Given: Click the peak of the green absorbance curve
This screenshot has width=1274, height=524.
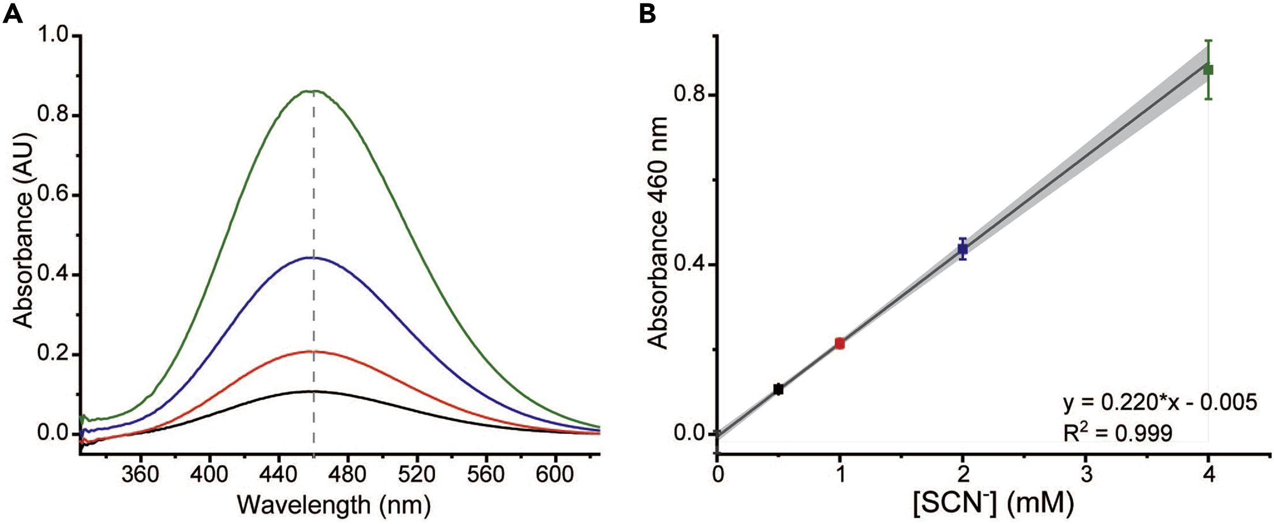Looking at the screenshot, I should coord(313,91).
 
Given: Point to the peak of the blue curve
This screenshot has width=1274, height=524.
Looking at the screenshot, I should coord(313,258).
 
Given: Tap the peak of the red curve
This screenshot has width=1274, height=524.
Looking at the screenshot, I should coord(313,351).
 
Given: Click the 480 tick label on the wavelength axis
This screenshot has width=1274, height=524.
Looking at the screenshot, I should coord(348,474).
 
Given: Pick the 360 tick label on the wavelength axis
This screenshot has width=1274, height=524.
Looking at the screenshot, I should coord(140,474).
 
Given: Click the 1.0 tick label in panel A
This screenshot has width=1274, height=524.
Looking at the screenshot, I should coord(53,36).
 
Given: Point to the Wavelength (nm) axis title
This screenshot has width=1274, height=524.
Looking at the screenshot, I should coord(334,505).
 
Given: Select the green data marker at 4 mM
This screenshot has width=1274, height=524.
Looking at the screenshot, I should coord(1208,70).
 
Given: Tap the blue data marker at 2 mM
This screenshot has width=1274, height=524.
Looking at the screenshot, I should coord(962,249).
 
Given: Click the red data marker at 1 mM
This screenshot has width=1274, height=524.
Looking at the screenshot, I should coord(840,344).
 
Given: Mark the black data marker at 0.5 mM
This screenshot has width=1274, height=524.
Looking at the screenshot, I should coord(778,389).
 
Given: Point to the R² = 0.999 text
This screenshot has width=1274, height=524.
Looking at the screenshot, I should coord(1118,433).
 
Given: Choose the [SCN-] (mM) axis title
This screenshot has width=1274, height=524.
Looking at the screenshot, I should coord(992,504).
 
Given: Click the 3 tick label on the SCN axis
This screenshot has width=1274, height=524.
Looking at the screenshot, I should coord(1086,474).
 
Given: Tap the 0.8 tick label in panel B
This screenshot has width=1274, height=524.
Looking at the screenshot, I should coord(688,94).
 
